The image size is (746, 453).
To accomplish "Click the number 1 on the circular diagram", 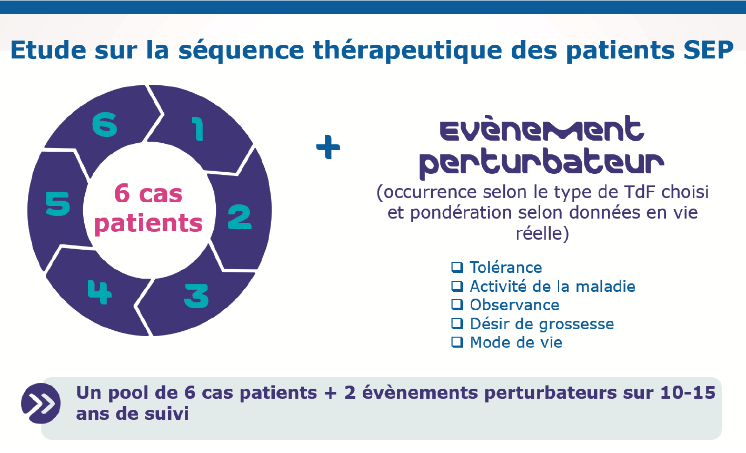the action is pos(198,129).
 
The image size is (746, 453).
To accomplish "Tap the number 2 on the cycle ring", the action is pos(240,217).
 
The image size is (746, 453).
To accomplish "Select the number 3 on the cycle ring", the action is pos(196,296).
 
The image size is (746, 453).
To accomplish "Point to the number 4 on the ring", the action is pos(100,292).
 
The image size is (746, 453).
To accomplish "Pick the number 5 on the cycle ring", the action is pos(57,203).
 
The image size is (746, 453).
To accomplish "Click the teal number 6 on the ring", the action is pos(105,125).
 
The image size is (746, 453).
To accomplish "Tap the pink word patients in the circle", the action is pos(148,224).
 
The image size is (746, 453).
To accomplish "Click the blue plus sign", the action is pos(328,147).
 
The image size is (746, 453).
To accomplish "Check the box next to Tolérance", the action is pos(457,267).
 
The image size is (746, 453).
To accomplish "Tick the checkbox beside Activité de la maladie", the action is pos(457,286).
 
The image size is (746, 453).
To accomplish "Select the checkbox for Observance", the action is pos(457,304).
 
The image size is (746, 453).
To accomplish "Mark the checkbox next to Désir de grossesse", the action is pos(457,323).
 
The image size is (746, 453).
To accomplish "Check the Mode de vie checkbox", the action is pos(457,342).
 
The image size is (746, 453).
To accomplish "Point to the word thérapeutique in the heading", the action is pos(407,51).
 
